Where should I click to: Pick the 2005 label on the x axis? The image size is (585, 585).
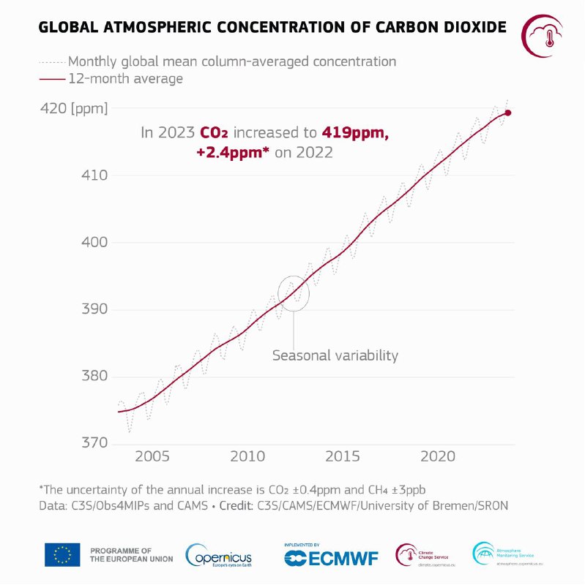pyautogui.click(x=152, y=456)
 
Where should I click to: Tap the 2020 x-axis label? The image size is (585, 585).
pyautogui.click(x=438, y=456)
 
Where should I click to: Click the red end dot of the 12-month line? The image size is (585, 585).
pyautogui.click(x=508, y=113)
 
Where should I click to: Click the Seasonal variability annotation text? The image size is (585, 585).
pyautogui.click(x=335, y=356)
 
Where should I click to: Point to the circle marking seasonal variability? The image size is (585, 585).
pyautogui.click(x=294, y=293)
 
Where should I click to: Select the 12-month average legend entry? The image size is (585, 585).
pyautogui.click(x=125, y=78)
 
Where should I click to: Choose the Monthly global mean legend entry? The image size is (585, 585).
pyautogui.click(x=231, y=61)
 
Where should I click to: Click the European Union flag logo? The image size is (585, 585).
pyautogui.click(x=62, y=554)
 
